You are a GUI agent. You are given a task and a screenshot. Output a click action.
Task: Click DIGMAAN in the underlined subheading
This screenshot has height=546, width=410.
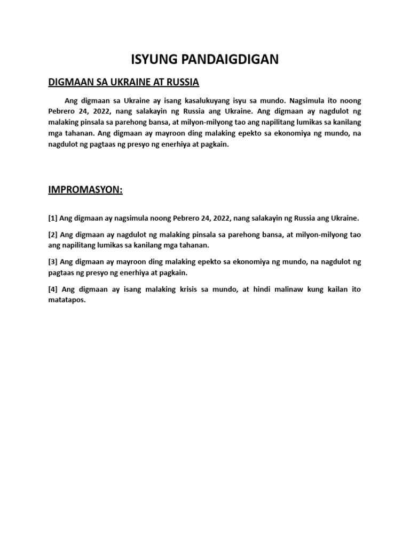coord(68,82)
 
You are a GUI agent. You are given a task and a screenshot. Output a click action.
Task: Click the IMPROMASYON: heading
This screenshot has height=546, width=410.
coord(85,190)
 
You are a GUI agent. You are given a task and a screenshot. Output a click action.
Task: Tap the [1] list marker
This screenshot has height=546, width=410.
coord(53,218)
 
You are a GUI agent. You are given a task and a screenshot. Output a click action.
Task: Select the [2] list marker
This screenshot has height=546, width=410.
coord(53,235)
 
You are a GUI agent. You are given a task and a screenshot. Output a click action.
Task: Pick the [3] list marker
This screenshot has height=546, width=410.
coord(53,262)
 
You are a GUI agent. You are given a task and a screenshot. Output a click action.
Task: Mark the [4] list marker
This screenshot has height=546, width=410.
coord(53,289)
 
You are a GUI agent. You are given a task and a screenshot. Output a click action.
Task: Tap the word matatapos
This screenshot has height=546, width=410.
coord(67,300)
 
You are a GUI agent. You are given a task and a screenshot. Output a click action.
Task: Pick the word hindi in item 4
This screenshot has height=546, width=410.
coord(259,289)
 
